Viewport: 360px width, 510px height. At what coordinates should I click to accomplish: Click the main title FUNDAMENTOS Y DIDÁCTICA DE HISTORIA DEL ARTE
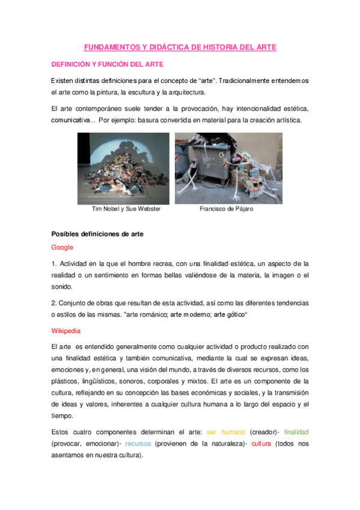180,46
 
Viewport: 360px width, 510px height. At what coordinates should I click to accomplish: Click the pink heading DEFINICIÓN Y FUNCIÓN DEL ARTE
107,64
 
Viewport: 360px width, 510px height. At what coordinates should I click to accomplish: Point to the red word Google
62,247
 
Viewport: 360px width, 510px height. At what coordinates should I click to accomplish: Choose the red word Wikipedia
66,331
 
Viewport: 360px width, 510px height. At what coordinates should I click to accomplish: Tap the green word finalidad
296,432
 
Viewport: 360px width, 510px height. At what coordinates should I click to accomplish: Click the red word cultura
261,443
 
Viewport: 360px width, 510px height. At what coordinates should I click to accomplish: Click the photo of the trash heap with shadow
124,168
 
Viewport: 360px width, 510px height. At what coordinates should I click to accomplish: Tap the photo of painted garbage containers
228,168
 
